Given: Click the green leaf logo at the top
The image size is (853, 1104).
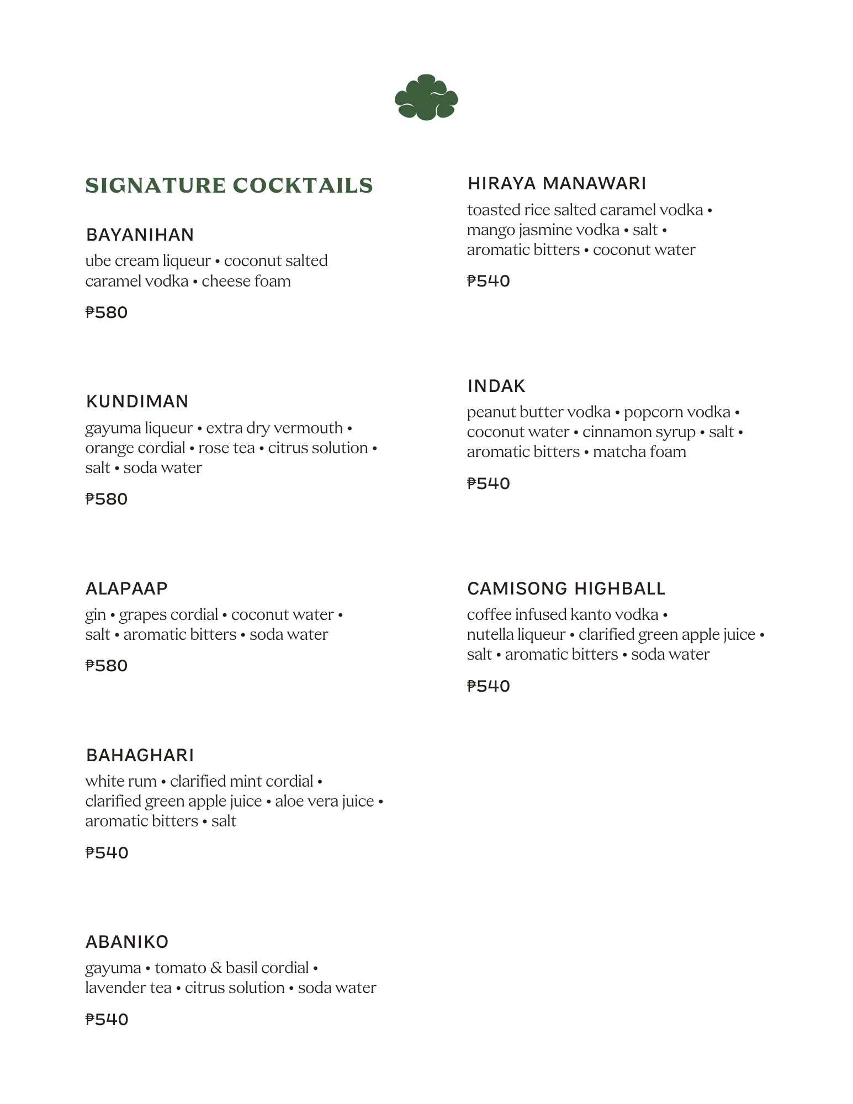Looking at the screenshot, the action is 426,98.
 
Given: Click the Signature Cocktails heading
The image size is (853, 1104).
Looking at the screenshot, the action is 229,185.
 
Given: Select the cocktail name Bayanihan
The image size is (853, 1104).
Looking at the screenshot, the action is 140,235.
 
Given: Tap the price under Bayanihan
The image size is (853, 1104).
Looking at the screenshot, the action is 107,312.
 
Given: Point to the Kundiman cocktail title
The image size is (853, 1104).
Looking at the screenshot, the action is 137,401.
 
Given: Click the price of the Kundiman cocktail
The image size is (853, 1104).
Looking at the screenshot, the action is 107,499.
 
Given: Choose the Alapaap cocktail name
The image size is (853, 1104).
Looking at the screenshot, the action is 126,588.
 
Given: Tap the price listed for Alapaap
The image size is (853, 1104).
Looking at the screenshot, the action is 107,666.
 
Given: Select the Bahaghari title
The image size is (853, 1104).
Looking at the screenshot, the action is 140,755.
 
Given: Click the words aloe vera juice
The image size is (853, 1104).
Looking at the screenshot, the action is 324,801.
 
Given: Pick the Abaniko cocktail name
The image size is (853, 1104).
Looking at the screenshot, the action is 127,942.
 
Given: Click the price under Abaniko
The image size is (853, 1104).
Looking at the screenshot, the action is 107,1020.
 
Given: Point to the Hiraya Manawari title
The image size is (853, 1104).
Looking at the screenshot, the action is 557,183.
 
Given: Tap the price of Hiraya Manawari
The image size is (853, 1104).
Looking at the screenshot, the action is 488,281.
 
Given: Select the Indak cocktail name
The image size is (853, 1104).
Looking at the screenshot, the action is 496,386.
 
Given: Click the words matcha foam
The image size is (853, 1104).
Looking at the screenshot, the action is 639,452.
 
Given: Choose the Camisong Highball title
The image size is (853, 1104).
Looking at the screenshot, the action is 566,588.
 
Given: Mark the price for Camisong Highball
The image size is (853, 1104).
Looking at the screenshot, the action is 488,686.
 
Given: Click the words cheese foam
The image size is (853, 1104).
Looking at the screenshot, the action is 246,281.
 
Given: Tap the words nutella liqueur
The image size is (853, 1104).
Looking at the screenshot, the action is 516,635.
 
